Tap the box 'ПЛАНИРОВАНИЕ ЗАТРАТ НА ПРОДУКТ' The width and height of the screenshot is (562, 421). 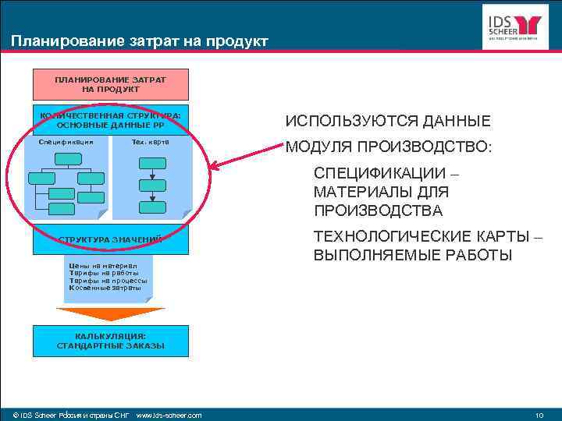(x=110, y=84)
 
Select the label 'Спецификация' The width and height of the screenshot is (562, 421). (x=66, y=142)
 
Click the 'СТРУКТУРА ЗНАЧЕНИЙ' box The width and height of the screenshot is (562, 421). (x=110, y=239)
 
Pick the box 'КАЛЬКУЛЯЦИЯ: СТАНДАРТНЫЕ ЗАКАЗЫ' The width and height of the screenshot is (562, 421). (x=110, y=341)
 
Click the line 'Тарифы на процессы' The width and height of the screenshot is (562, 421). (x=108, y=281)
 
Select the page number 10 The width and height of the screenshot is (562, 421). (x=539, y=415)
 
